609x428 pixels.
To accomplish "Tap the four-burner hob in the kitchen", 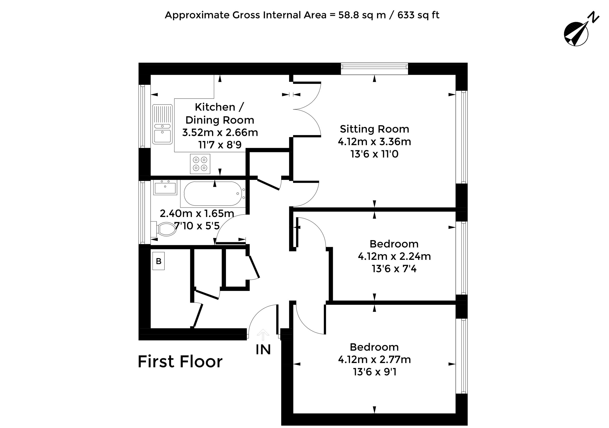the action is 200,164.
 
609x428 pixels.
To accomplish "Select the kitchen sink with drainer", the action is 162,124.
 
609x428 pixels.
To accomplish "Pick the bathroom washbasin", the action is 165,187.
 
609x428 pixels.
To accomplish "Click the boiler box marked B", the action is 159,261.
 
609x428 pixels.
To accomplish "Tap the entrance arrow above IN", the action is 263,335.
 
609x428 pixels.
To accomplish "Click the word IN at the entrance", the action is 263,349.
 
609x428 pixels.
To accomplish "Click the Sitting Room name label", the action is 374,129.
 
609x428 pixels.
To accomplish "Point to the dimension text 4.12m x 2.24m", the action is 394,256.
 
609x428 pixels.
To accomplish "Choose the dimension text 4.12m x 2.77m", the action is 374,359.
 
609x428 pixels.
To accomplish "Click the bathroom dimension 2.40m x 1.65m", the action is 197,213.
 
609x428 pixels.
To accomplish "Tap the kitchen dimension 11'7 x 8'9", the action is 220,145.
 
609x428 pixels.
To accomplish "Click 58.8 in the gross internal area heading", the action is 349,15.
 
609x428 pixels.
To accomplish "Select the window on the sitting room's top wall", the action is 374,69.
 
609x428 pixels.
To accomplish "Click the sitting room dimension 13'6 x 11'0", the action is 374,154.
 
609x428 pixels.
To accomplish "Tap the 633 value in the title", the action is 406,15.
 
